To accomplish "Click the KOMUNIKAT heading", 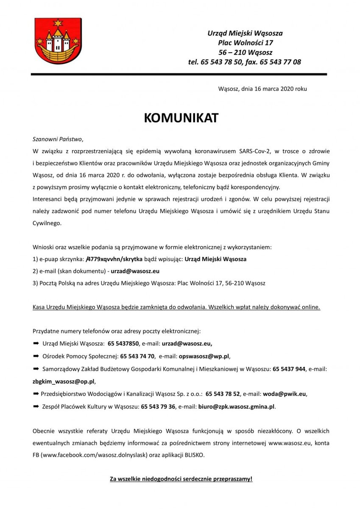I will pyautogui.click(x=181, y=118).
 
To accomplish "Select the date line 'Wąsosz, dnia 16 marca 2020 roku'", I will pyautogui.click(x=262, y=89).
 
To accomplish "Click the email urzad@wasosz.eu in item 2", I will pyautogui.click(x=135, y=271).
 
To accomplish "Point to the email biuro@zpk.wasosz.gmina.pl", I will pyautogui.click(x=237, y=406).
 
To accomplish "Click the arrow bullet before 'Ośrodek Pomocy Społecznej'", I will pyautogui.click(x=36, y=356).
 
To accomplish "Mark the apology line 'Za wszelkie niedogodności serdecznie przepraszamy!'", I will pyautogui.click(x=181, y=479).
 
